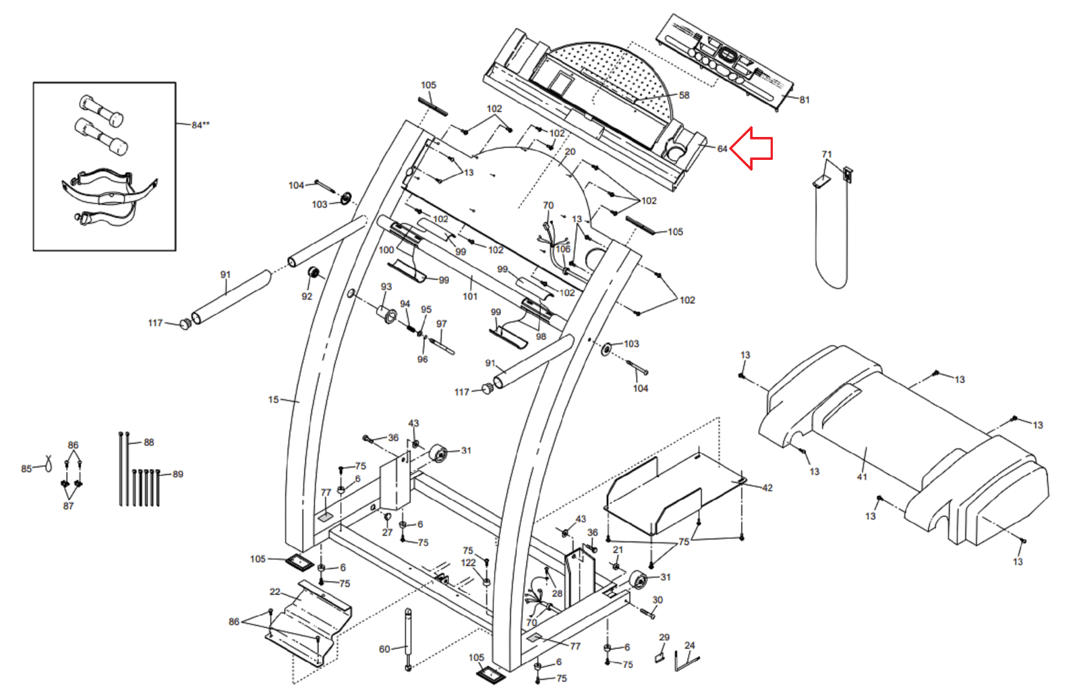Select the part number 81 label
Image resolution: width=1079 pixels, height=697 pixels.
805,100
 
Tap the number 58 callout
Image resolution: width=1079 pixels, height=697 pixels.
684,95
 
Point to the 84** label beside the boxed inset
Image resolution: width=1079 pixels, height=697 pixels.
200,125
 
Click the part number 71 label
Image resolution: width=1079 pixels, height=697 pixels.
827,155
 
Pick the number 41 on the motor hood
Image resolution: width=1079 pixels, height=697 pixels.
862,477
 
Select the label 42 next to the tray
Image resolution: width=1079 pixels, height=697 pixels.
767,488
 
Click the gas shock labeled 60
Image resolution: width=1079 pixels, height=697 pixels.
409,639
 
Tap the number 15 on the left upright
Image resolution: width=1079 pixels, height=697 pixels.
273,399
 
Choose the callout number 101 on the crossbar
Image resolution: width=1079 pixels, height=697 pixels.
470,296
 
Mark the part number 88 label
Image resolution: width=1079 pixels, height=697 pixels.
149,442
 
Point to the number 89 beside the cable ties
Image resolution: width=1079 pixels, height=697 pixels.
178,474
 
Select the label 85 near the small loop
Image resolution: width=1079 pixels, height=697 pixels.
26,468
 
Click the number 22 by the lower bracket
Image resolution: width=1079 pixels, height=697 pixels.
274,592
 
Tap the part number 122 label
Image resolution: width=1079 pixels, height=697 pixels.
468,563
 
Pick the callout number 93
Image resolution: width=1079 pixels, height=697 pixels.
386,286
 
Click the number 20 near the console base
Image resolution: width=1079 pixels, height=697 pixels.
570,151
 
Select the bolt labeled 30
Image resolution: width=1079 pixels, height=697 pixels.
647,613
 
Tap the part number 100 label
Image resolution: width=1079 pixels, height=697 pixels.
386,250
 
